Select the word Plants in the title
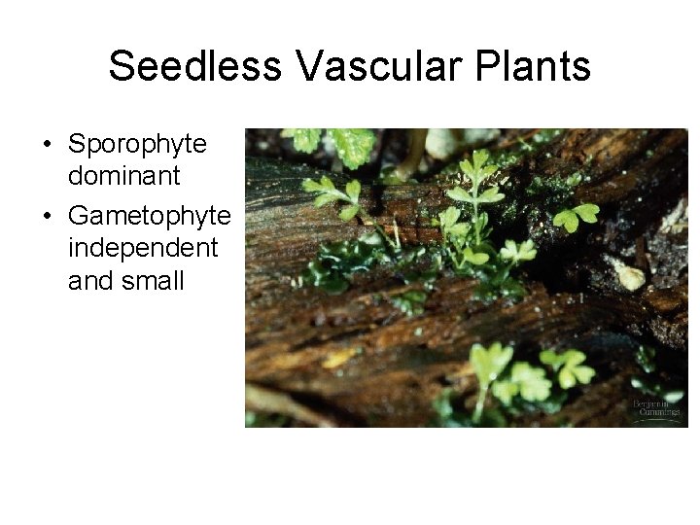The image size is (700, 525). (x=541, y=67)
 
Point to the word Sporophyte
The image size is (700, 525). (x=137, y=146)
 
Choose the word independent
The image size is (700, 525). (x=143, y=248)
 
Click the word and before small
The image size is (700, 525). (x=89, y=282)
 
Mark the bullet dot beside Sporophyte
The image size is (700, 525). (x=47, y=146)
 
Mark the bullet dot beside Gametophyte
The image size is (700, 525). (x=47, y=215)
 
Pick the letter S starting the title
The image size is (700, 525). (x=121, y=67)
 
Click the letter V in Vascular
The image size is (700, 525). (x=310, y=67)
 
